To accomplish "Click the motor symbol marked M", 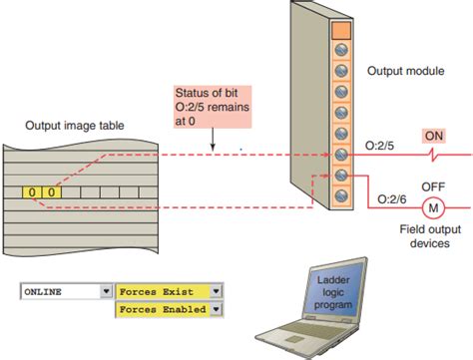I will tap(433, 208).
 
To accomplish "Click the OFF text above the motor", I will tap(432, 185).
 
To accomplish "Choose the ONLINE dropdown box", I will tap(65, 292).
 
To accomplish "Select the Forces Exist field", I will tap(163, 292).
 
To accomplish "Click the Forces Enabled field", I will tap(163, 310).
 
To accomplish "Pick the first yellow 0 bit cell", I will tap(33, 190).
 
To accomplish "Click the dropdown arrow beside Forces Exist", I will tap(215, 292).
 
